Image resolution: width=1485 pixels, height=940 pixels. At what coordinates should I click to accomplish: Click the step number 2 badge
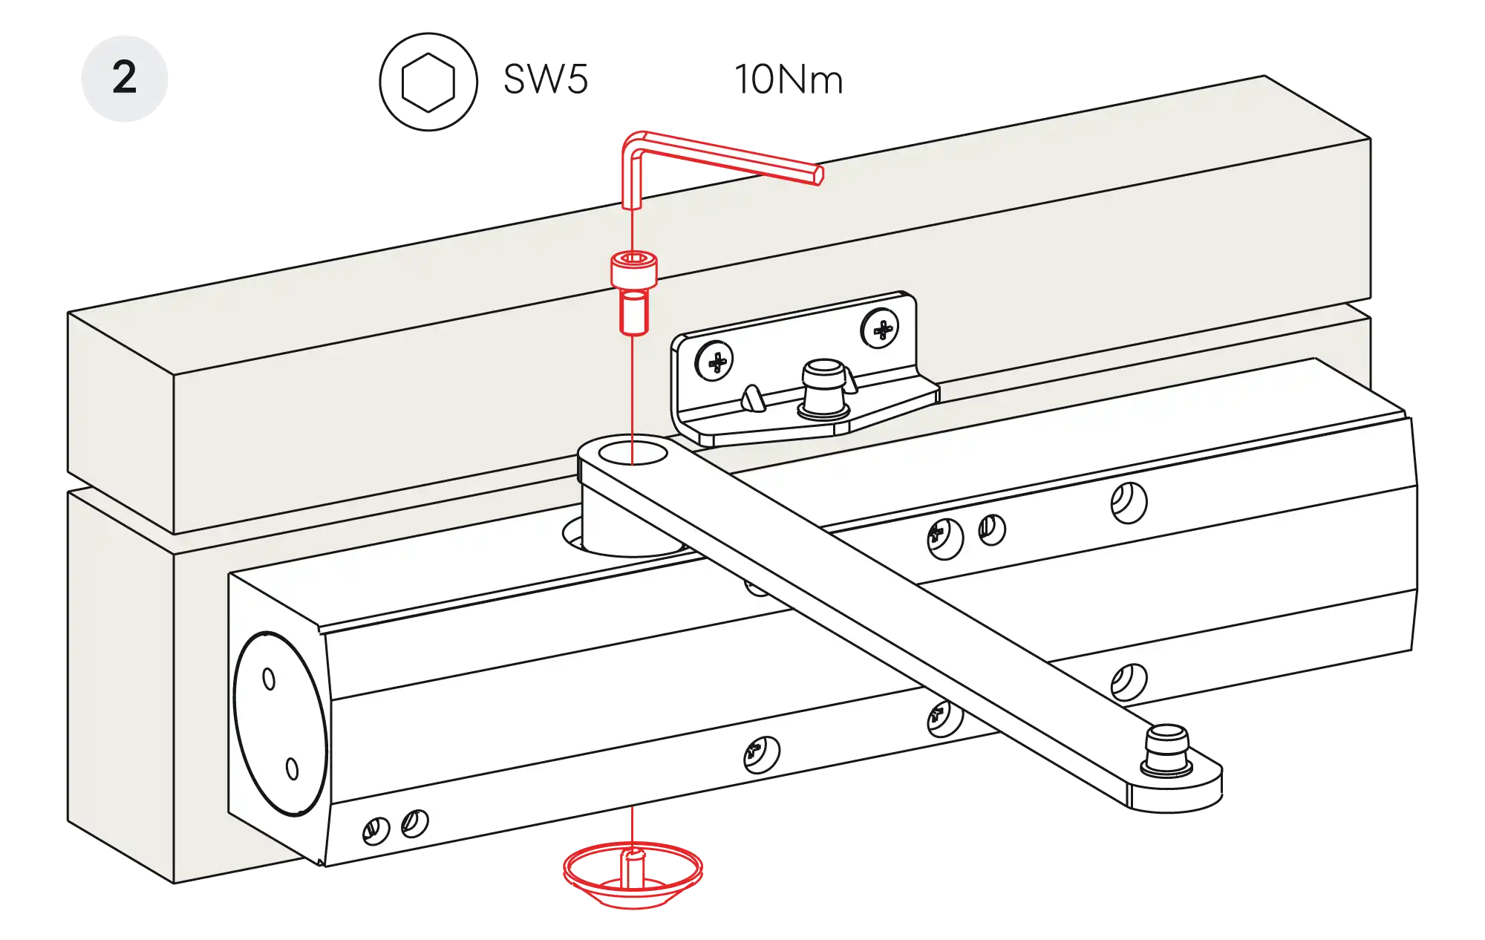[124, 77]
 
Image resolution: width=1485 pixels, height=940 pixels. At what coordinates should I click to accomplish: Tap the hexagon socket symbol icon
[428, 81]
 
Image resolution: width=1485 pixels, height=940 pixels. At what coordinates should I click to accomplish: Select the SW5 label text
[546, 78]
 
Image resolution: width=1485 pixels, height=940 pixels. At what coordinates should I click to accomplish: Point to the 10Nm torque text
[789, 79]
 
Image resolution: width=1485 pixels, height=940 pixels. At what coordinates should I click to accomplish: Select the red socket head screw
[633, 292]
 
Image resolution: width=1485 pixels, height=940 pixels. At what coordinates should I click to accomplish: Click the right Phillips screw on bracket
[881, 328]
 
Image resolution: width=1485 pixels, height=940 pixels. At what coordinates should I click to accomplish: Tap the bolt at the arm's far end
[1166, 751]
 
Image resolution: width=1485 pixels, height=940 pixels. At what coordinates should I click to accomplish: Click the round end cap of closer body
[280, 723]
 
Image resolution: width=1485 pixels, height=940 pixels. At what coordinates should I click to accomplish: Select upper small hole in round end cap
[269, 679]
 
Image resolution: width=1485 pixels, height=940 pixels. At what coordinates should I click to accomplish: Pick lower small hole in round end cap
[292, 768]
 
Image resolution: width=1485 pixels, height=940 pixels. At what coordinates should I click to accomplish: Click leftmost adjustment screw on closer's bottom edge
[375, 830]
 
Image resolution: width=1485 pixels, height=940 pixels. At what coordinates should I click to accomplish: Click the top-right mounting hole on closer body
[1128, 502]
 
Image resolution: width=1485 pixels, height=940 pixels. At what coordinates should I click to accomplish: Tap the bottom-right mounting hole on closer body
[1129, 680]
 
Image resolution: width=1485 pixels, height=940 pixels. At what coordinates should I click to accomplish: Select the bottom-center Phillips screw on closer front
[761, 754]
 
